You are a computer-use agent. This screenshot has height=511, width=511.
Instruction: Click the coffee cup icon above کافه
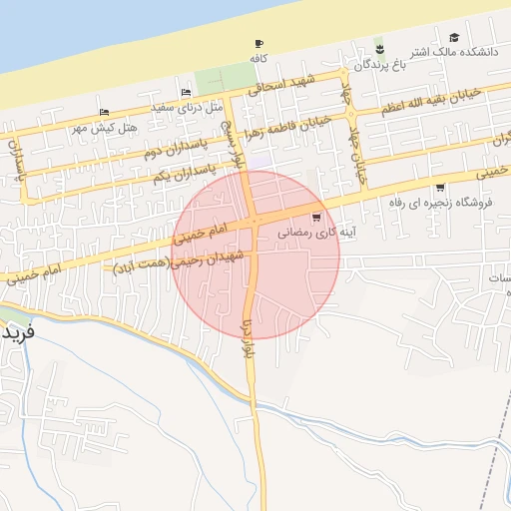pyautogui.click(x=259, y=44)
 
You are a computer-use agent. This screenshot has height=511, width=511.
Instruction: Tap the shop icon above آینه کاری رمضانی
pyautogui.click(x=316, y=216)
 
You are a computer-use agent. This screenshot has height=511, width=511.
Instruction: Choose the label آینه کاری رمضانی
pyautogui.click(x=313, y=232)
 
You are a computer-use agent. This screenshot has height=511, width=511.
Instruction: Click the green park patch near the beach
pyautogui.click(x=224, y=78)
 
